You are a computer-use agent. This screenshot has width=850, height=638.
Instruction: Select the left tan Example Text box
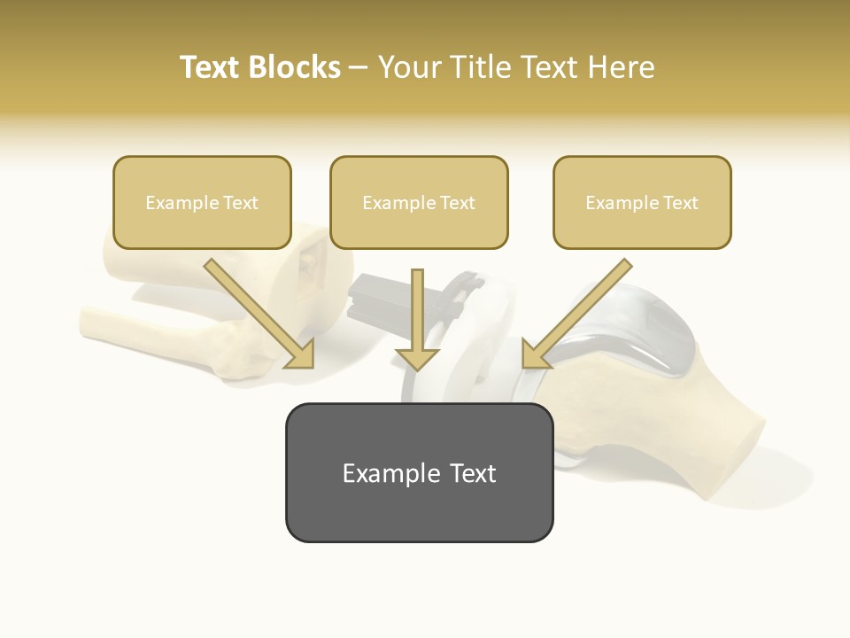tap(202, 202)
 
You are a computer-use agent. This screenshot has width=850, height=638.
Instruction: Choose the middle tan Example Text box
tap(419, 202)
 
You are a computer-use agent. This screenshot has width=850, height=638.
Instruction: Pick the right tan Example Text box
tap(642, 202)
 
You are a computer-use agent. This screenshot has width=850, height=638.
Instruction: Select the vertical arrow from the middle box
tap(418, 310)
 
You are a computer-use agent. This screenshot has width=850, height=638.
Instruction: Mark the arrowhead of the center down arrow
tap(418, 358)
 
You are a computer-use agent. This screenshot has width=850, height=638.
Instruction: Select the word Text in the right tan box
tap(680, 203)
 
